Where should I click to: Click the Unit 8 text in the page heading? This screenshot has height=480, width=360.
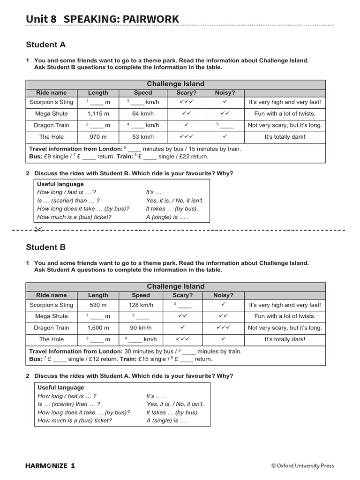[41, 19]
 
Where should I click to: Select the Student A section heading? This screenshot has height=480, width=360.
[45, 45]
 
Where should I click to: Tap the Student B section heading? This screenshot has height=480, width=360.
[45, 247]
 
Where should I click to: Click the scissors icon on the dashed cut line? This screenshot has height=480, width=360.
[38, 230]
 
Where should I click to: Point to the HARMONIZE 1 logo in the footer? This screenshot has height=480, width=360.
[50, 465]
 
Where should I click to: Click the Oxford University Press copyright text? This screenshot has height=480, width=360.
[302, 465]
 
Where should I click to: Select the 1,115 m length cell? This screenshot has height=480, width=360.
[98, 113]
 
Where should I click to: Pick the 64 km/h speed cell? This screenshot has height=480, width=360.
[143, 113]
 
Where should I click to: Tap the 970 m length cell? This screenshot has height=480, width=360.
[98, 137]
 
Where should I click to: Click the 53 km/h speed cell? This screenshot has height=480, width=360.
[143, 137]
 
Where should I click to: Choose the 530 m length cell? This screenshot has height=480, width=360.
[98, 305]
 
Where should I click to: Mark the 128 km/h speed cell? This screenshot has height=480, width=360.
[141, 305]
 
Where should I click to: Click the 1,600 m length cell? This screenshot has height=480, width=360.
[98, 328]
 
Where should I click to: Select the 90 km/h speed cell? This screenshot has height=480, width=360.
[141, 328]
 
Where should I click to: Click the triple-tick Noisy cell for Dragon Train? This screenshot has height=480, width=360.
[223, 328]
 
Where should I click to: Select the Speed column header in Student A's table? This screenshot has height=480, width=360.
[143, 93]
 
